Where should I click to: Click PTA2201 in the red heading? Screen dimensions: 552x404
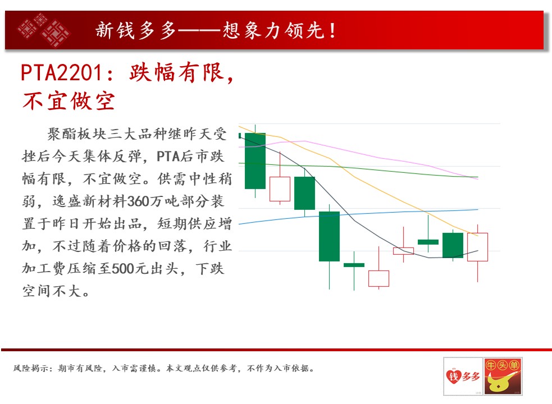pos(62,72)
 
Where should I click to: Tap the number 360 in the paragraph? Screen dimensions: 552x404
pos(138,201)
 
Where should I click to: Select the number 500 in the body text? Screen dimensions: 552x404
pos(123,269)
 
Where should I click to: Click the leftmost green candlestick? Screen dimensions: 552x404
pos(256,161)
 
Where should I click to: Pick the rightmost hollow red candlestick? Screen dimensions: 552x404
pos(477,247)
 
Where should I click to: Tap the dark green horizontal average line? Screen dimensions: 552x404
pos(358,168)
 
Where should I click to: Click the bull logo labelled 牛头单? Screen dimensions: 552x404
pos(503,376)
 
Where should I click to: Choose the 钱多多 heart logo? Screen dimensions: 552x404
pos(463,376)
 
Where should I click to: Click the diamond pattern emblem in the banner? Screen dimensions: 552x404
pos(44,30)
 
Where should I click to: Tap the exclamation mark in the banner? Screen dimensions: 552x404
pos(332,30)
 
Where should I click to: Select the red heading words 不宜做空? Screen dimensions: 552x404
pos(69,101)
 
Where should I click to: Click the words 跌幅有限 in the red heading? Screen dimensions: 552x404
pos(176,72)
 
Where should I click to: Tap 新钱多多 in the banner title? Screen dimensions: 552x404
pos(135,30)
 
